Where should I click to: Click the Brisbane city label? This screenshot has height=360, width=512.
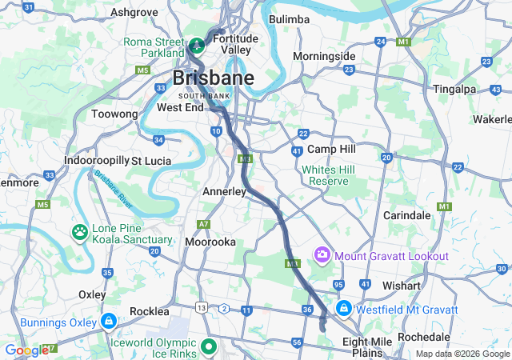pyautogui.click(x=214, y=78)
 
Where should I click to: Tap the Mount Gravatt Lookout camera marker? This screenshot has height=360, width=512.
pyautogui.click(x=322, y=255)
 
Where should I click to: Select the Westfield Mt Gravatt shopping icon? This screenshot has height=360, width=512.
pyautogui.click(x=343, y=309)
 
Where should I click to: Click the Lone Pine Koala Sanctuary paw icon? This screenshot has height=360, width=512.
pyautogui.click(x=81, y=233)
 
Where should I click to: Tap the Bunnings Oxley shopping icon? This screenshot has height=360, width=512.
pyautogui.click(x=109, y=322)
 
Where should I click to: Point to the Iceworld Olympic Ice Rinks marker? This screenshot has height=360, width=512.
pyautogui.click(x=209, y=347)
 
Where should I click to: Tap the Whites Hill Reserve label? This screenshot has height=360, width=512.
pyautogui.click(x=325, y=175)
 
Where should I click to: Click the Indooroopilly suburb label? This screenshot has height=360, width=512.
pyautogui.click(x=96, y=160)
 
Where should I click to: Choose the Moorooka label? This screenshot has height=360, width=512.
pyautogui.click(x=210, y=241)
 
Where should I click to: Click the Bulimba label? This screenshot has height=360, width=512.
pyautogui.click(x=289, y=19)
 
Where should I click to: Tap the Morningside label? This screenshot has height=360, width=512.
pyautogui.click(x=323, y=57)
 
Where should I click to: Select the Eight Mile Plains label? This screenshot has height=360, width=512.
pyautogui.click(x=367, y=346)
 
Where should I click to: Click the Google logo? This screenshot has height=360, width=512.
pyautogui.click(x=26, y=350)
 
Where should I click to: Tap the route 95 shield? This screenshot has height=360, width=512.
pyautogui.click(x=339, y=285)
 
